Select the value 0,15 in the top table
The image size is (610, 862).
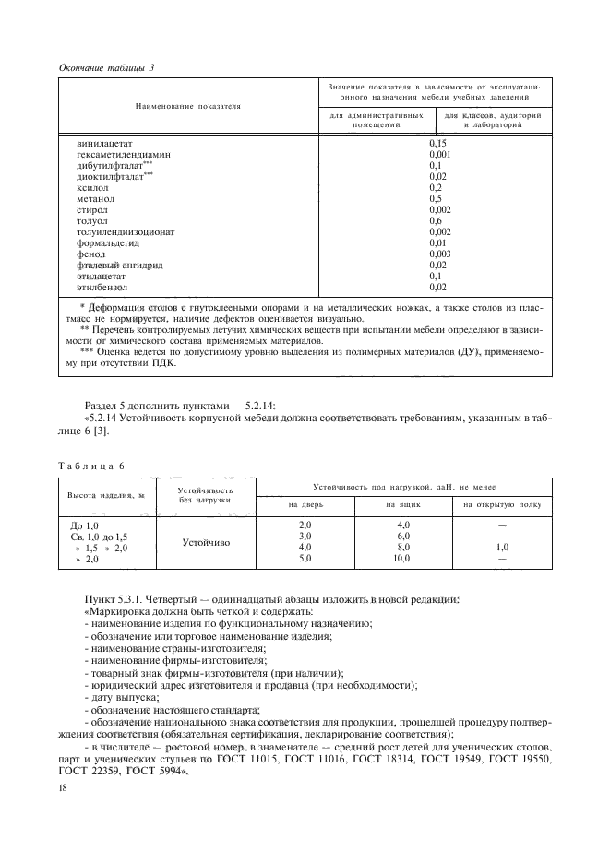(x=437, y=144)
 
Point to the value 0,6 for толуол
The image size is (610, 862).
(x=436, y=220)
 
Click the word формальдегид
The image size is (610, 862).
(x=106, y=242)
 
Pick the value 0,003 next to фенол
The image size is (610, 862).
(x=439, y=254)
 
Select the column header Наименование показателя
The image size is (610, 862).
(x=187, y=106)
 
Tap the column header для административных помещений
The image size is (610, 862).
(x=377, y=120)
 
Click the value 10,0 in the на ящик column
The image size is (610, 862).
(x=402, y=559)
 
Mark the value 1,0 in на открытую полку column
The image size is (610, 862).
(x=503, y=548)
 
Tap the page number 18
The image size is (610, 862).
(x=63, y=787)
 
